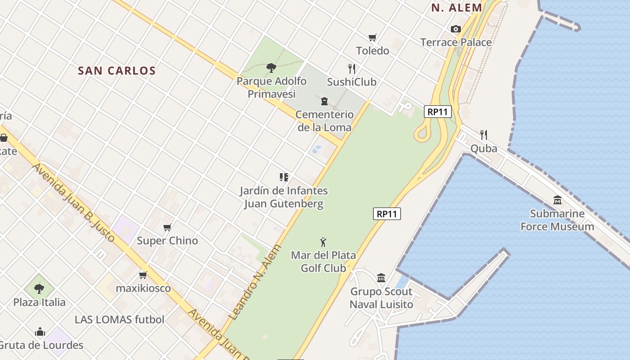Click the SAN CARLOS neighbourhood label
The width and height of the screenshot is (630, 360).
[117, 71]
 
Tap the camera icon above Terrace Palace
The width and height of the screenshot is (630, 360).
[455, 29]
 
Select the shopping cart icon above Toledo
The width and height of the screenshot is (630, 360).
[372, 38]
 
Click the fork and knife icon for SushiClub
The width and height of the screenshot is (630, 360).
[352, 69]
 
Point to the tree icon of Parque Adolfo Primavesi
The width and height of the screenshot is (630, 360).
[271, 68]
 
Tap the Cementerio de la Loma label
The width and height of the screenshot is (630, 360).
[324, 121]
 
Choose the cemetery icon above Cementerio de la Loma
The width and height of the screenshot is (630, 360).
[324, 101]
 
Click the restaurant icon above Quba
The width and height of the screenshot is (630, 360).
[484, 135]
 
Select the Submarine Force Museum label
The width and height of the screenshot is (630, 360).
[557, 220]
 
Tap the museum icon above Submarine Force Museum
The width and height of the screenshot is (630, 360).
[558, 200]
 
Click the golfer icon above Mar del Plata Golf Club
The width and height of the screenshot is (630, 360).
[323, 242]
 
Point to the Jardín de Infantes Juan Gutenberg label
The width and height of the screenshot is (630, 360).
[283, 198]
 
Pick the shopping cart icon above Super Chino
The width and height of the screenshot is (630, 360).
[167, 228]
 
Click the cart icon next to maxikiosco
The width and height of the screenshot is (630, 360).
[143, 275]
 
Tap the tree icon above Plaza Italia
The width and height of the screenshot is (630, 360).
[39, 288]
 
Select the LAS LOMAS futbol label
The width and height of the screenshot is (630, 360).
[119, 319]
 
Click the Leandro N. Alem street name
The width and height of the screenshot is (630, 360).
[255, 282]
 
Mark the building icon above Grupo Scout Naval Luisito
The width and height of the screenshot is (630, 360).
[381, 278]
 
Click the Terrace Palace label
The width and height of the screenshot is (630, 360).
[455, 42]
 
